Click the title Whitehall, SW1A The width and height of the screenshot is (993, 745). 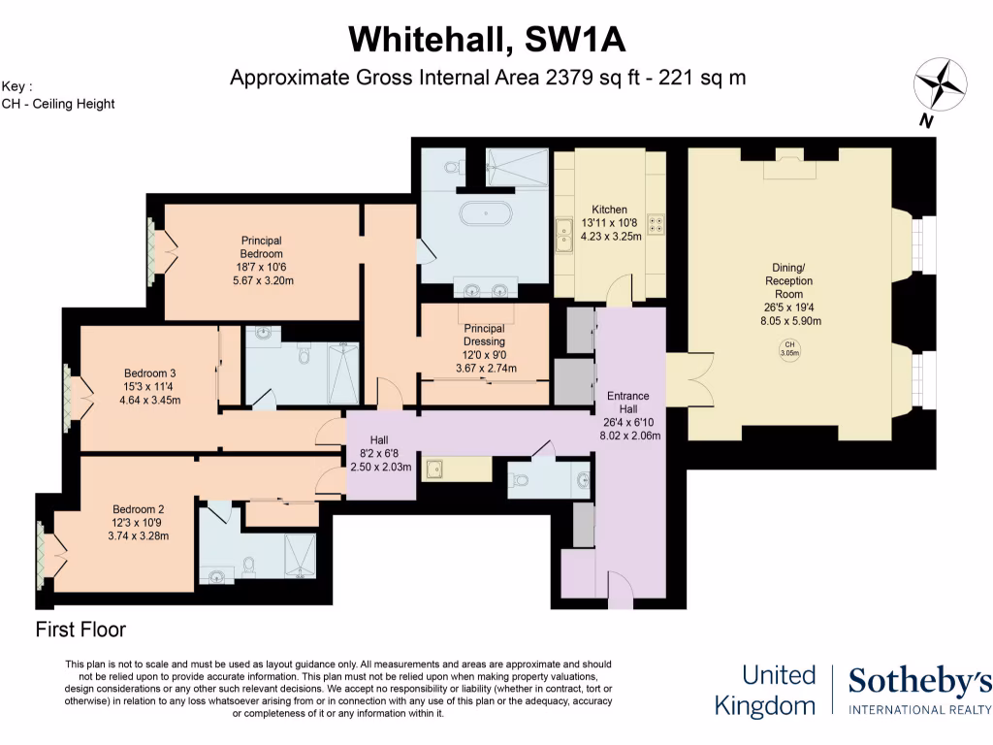click(487, 39)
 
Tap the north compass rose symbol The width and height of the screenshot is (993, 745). click(940, 87)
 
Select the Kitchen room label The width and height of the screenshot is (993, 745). click(610, 210)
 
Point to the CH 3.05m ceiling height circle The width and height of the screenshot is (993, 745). click(789, 349)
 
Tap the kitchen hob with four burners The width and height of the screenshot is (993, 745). click(656, 224)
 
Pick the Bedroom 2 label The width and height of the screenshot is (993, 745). click(139, 509)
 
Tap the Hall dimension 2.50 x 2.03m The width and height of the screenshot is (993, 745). click(380, 467)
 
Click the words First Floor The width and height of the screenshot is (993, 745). click(80, 630)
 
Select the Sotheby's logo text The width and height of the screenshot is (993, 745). click(919, 683)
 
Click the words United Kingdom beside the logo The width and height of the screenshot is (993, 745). click(764, 690)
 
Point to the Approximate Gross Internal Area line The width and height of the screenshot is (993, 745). click(487, 78)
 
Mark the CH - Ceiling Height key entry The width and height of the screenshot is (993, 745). click(58, 103)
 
